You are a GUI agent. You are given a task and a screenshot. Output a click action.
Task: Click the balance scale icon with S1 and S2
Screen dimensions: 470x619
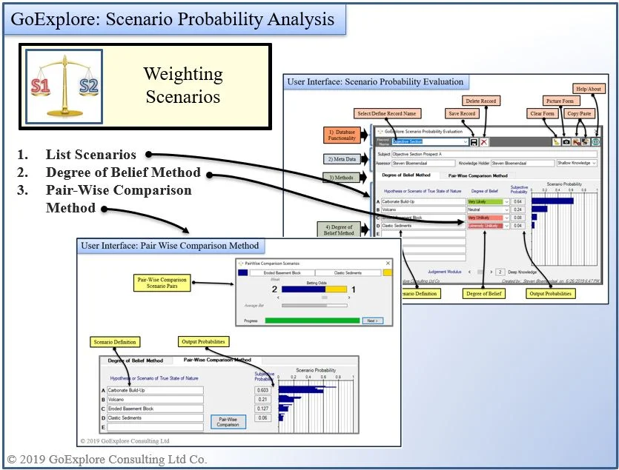coord(64,86)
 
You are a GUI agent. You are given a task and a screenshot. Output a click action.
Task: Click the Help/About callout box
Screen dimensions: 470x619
coord(589,90)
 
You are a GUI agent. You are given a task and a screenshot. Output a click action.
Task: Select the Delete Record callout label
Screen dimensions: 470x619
coord(481,101)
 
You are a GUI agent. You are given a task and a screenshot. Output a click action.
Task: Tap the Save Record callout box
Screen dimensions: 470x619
coord(462,113)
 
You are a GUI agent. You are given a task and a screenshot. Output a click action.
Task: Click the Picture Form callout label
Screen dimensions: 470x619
coord(558,101)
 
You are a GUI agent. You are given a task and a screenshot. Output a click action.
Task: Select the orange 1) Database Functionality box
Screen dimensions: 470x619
coord(342,134)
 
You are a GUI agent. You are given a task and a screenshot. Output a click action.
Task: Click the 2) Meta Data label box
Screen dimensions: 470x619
coord(342,159)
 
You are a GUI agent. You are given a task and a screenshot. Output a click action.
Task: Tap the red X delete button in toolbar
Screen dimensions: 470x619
coord(484,141)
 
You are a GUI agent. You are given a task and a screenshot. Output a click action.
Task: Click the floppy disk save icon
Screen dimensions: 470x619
coord(474,141)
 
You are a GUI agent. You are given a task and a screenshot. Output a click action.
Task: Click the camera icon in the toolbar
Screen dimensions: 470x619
coord(566,141)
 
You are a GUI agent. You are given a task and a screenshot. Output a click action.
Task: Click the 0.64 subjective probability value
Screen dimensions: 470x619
coord(518,201)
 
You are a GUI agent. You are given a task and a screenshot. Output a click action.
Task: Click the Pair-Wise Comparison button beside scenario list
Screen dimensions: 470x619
coord(228,422)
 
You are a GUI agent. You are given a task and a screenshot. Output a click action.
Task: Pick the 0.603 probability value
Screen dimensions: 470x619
coord(262,390)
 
